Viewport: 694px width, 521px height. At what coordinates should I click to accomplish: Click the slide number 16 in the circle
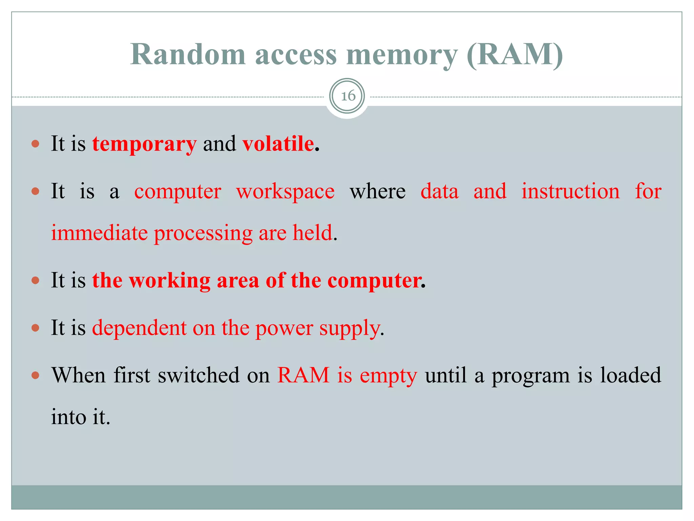point(348,96)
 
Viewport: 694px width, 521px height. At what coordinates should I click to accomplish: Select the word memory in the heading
point(402,55)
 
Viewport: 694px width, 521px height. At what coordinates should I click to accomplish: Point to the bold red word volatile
point(278,143)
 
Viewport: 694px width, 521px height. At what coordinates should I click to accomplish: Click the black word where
point(377,191)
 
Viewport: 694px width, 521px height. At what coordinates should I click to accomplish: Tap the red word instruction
point(570,191)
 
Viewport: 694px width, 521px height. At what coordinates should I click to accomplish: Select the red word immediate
point(100,233)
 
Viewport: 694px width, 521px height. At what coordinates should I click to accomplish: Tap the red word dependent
point(139,328)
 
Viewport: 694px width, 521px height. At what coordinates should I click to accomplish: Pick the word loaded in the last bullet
point(630,375)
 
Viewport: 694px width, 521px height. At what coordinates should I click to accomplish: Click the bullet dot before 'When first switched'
point(35,375)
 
